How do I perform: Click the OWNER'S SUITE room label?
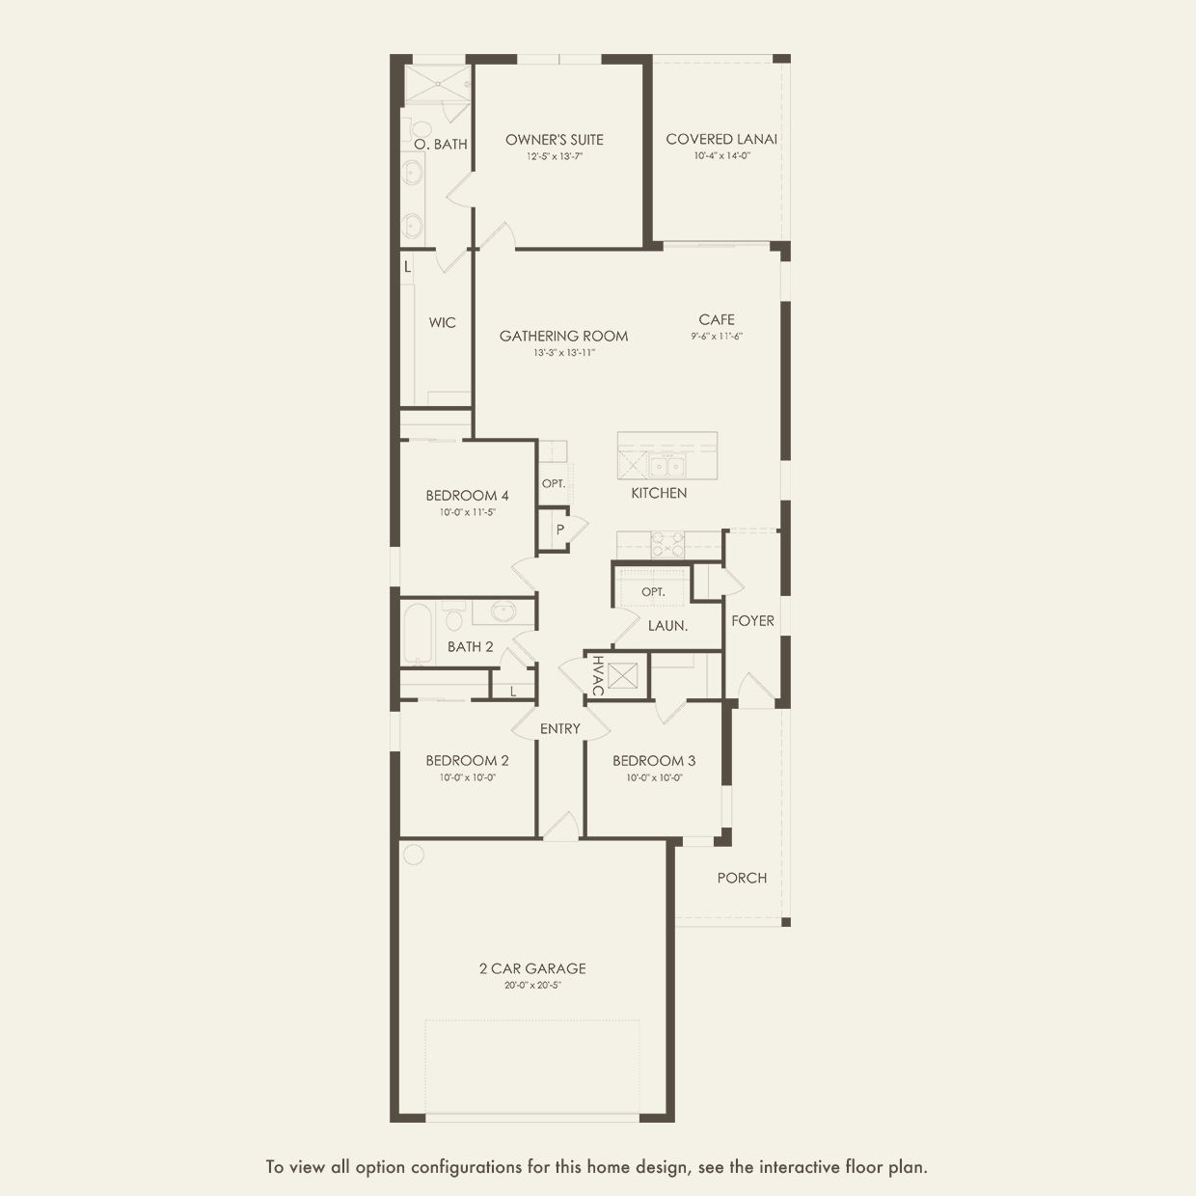click(555, 140)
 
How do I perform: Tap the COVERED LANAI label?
click(721, 139)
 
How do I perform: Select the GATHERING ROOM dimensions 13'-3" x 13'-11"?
click(564, 353)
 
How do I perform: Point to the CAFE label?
click(717, 319)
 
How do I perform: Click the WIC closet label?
click(442, 323)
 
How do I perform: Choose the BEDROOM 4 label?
click(468, 496)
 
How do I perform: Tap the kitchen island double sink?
click(666, 466)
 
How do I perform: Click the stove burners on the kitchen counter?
click(667, 544)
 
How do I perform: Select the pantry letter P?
click(559, 530)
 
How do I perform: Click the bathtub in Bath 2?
click(418, 634)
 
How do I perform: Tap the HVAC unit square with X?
click(622, 675)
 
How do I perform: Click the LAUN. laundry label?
click(667, 626)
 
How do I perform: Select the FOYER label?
click(752, 620)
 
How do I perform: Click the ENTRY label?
click(559, 728)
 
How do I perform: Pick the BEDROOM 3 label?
click(654, 760)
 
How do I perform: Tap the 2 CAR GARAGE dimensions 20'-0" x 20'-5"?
click(532, 985)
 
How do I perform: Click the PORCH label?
click(742, 878)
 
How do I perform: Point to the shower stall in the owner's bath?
click(437, 83)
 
